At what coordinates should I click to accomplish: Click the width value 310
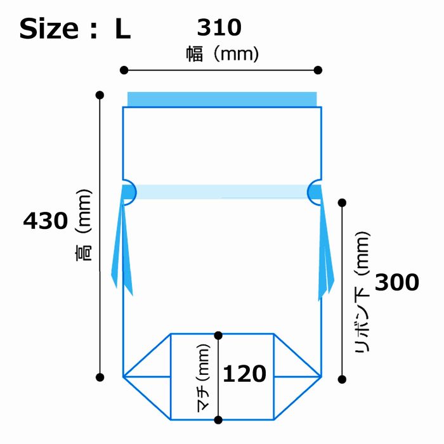(219, 27)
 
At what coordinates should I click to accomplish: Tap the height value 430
(46, 221)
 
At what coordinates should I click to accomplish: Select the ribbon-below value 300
(397, 282)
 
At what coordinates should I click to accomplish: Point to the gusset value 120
(245, 374)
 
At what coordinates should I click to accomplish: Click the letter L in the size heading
(122, 29)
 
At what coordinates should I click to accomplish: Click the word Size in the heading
(49, 29)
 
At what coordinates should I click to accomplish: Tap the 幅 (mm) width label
(222, 54)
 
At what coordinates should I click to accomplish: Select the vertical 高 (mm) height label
(84, 225)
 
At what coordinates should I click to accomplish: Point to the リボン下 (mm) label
(362, 292)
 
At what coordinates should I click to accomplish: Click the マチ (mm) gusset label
(204, 378)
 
